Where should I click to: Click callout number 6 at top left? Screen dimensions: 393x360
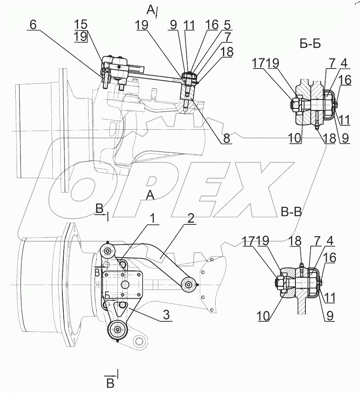tap(32, 25)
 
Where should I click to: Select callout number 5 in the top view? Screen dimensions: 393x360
tap(227, 26)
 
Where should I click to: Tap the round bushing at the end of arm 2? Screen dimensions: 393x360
tap(189, 285)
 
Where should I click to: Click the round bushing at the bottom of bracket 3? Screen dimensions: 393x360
tap(117, 331)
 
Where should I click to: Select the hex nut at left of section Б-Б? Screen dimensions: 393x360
tap(295, 105)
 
